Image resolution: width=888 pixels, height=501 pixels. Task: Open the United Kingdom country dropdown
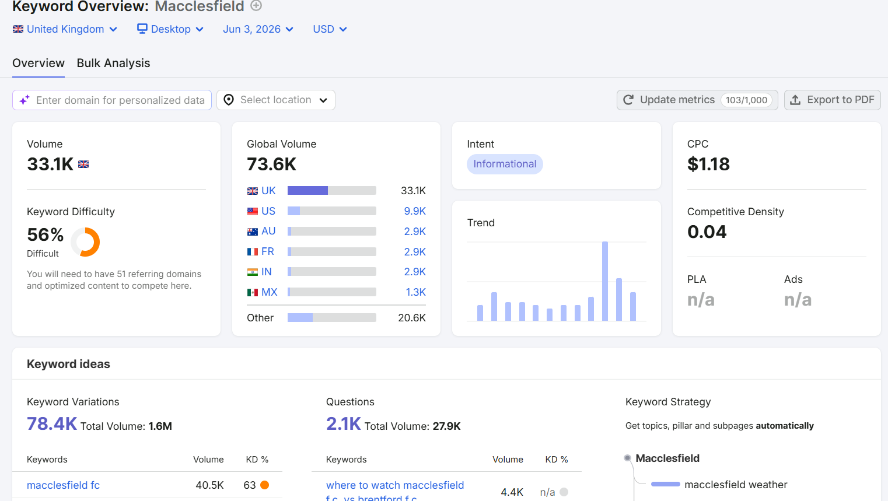click(x=65, y=29)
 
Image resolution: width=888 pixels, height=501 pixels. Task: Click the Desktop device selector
click(x=170, y=29)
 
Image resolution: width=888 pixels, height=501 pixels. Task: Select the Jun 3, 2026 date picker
click(x=258, y=29)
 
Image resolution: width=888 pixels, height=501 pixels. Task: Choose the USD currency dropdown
click(x=330, y=29)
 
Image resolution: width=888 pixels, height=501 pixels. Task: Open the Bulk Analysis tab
click(x=113, y=63)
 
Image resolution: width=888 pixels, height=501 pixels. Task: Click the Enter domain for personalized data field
click(x=112, y=100)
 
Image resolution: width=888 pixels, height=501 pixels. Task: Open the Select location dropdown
click(x=276, y=100)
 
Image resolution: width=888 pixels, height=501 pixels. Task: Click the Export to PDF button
click(x=833, y=100)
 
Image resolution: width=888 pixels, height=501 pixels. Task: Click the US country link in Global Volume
click(x=268, y=211)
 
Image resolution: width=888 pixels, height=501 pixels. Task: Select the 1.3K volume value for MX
click(x=415, y=292)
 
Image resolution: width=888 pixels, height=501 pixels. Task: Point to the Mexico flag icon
click(x=253, y=293)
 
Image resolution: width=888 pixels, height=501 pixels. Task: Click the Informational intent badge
click(x=505, y=164)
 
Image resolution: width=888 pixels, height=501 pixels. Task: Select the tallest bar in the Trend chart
click(x=604, y=281)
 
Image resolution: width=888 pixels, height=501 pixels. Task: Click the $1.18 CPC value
click(x=708, y=164)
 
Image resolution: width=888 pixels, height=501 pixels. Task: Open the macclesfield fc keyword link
click(x=63, y=485)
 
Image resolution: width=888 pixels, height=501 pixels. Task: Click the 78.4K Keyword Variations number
click(x=52, y=423)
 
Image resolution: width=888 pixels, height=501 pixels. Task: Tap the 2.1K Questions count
click(x=343, y=423)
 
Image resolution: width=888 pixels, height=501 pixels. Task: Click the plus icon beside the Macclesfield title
click(x=257, y=5)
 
